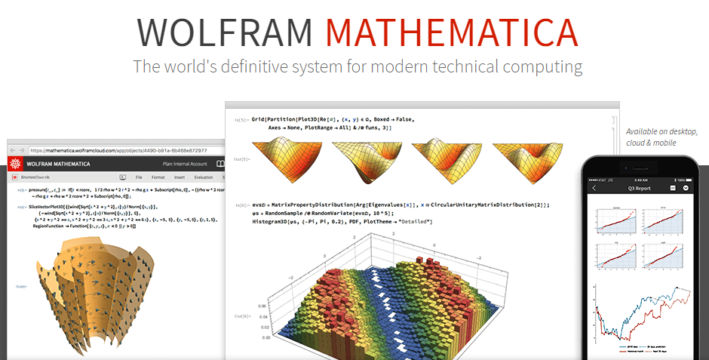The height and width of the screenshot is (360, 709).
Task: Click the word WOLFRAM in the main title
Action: point(224,32)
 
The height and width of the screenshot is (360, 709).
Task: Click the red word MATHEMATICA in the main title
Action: point(452,32)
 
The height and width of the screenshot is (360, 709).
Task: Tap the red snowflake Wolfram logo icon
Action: point(15,163)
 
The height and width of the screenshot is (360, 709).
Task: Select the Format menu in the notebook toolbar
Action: point(158,177)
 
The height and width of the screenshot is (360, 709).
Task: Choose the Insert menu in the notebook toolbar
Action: point(180,177)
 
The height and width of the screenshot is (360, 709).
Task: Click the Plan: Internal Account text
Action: point(185,163)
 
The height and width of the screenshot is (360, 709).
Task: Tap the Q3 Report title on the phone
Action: point(641,188)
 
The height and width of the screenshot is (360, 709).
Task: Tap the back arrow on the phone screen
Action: point(594,188)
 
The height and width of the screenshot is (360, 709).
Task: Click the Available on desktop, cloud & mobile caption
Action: point(661,137)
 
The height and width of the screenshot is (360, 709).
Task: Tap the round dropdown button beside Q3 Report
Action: point(686,188)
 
